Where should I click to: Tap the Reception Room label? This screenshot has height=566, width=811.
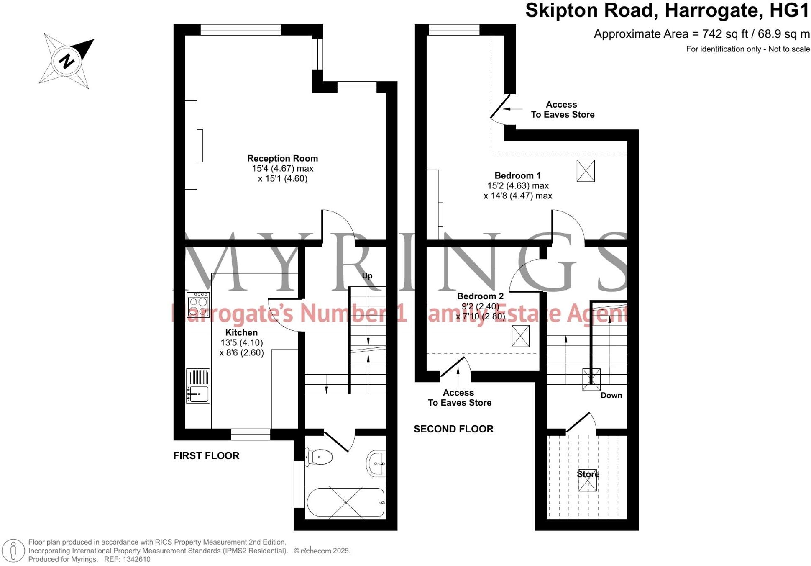[282, 159]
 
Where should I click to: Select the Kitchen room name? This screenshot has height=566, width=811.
[241, 332]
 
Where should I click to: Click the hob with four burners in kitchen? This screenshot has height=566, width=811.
[198, 304]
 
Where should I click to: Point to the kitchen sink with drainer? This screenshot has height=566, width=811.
[198, 386]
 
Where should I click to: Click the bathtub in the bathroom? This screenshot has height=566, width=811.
[345, 502]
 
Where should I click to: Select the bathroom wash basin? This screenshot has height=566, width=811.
[376, 464]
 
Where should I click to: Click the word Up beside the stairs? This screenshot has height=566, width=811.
[367, 275]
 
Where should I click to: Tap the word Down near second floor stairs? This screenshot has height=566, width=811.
[611, 395]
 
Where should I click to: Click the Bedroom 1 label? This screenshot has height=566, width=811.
[517, 175]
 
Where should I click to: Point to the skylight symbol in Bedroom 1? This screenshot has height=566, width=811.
[585, 171]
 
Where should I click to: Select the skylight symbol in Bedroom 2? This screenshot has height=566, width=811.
[520, 336]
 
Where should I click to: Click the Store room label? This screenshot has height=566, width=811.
[588, 474]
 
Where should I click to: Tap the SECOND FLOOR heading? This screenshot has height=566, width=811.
[453, 429]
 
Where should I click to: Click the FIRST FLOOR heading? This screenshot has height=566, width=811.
[206, 456]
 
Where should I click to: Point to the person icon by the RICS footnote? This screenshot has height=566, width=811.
[13, 551]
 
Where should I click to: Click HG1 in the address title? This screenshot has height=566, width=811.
[789, 10]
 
